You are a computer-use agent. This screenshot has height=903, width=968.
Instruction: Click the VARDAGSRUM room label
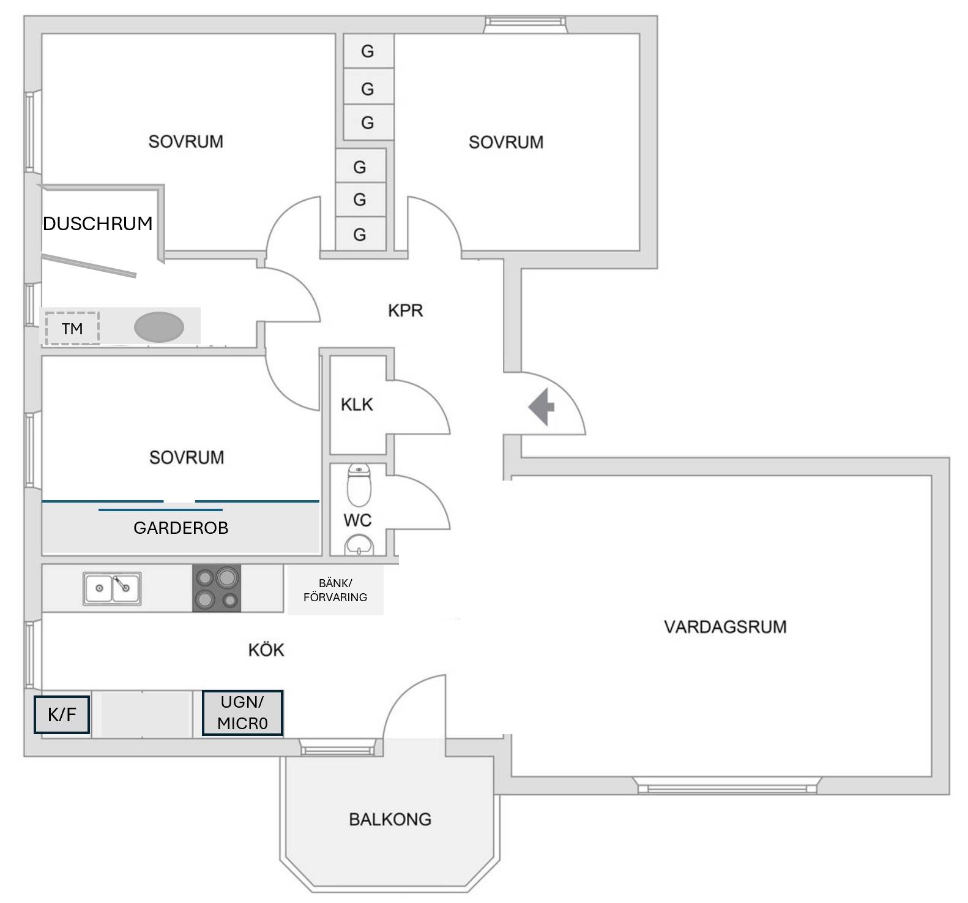tap(725, 627)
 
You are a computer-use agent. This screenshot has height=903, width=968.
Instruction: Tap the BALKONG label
tap(390, 819)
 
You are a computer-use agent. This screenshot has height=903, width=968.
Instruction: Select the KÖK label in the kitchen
tap(266, 650)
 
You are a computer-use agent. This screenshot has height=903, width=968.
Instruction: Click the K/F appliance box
tap(62, 714)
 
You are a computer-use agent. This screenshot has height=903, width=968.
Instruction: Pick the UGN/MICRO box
tap(243, 713)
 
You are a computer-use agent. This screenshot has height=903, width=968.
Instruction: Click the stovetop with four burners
tap(217, 588)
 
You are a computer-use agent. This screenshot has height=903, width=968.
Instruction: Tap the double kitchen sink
tap(112, 588)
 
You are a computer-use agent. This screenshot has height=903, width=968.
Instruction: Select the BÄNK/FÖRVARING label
tap(335, 590)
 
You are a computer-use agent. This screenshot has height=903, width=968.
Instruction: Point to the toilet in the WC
tap(359, 484)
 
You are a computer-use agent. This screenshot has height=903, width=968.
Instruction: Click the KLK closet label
tap(357, 405)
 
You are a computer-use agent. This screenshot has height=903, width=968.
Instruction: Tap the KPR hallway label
tap(405, 310)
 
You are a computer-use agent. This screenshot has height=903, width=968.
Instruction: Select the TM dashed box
tap(72, 328)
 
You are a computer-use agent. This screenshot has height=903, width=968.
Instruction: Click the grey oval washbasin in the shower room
tap(159, 327)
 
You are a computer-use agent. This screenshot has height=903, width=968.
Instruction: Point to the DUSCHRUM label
tap(98, 223)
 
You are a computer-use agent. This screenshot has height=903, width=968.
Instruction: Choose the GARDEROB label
tap(181, 528)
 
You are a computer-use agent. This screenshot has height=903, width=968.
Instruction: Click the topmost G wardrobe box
tap(368, 51)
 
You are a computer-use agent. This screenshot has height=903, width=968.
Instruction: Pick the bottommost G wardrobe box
tap(360, 234)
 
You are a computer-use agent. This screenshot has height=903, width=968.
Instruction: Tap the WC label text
tap(357, 520)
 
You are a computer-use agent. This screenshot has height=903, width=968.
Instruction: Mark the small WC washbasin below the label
tap(359, 544)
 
